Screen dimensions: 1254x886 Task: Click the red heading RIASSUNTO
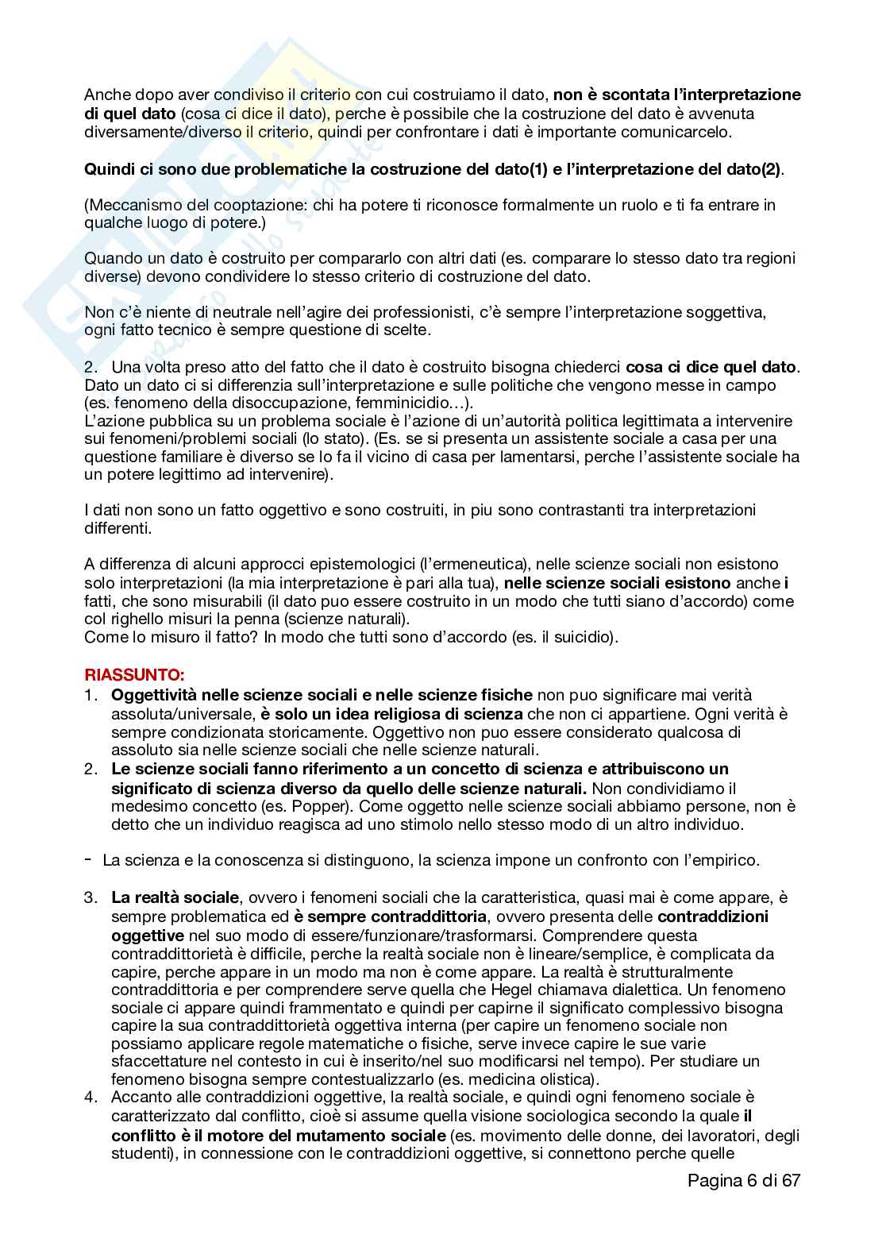click(x=134, y=675)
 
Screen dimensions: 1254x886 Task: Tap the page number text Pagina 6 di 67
click(x=744, y=1179)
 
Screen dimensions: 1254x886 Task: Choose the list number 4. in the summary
click(x=92, y=1098)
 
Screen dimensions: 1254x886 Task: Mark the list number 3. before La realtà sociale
click(x=92, y=897)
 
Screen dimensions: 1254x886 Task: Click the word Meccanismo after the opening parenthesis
click(x=131, y=205)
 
